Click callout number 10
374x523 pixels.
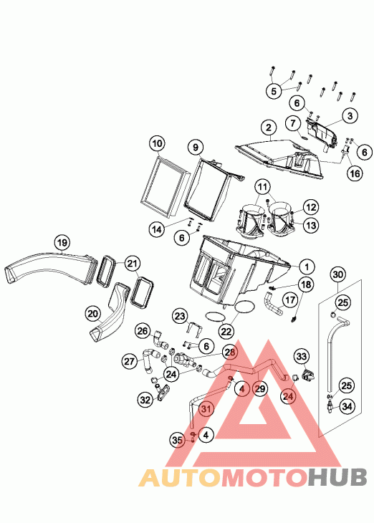(x=158, y=144)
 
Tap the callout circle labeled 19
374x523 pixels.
(x=62, y=242)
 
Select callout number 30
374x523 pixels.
(x=338, y=274)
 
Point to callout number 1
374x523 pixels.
(x=307, y=267)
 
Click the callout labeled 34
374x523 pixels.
(x=347, y=407)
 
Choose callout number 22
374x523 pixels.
(x=226, y=331)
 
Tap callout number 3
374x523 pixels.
(x=350, y=116)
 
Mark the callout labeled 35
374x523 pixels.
(x=177, y=441)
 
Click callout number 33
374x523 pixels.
(x=301, y=357)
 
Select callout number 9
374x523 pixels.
(x=196, y=147)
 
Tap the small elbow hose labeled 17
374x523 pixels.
(x=274, y=303)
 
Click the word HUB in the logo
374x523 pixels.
(x=337, y=477)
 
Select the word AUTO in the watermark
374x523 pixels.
(x=180, y=477)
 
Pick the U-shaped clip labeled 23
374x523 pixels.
(x=194, y=329)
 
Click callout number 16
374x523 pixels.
(x=355, y=173)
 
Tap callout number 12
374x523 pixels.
(x=311, y=207)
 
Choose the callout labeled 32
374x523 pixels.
(x=145, y=399)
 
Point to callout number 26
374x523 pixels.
(x=143, y=331)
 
